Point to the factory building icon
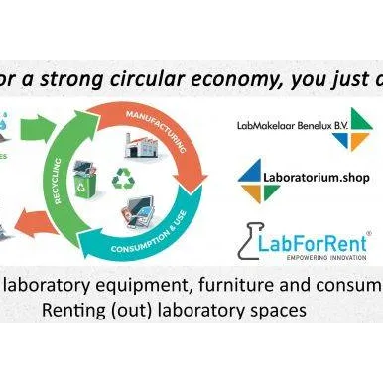click(139, 146)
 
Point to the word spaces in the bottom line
click(274, 312)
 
